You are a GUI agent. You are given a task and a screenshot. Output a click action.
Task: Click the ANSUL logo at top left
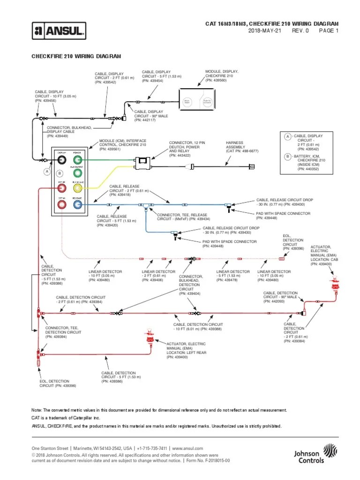[x=59, y=31]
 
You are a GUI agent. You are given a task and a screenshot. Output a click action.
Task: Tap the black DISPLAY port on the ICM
[x=61, y=160]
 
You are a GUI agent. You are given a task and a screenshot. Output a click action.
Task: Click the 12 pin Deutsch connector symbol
[x=142, y=162]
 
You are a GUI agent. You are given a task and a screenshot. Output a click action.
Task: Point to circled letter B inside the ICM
[x=59, y=173]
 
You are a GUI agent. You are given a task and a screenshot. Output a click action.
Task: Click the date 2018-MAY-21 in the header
[x=264, y=31]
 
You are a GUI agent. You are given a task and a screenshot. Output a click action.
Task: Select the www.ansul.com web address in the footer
[x=186, y=449]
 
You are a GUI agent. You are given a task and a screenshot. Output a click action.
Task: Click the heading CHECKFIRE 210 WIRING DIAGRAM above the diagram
[x=76, y=56]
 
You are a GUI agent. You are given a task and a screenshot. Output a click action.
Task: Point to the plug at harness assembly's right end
[x=252, y=166]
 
